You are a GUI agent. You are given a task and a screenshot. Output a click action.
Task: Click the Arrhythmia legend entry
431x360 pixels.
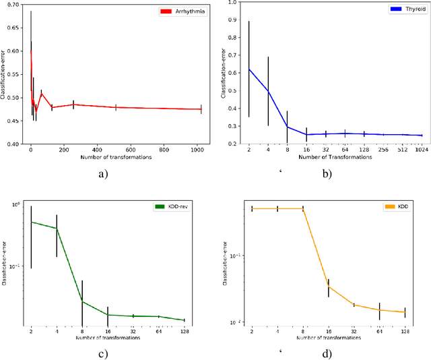coord(183,11)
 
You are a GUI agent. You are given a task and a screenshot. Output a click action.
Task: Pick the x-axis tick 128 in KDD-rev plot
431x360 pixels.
coord(184,331)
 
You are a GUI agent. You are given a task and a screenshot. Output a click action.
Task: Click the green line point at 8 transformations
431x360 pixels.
coord(82,301)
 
